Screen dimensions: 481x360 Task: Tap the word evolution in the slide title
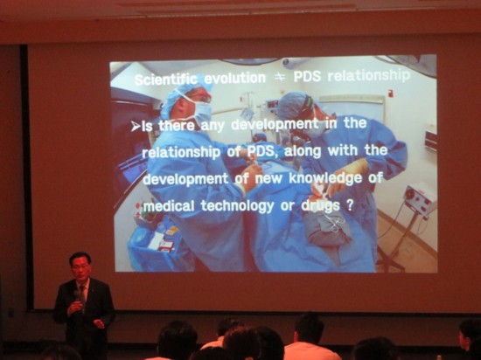235,79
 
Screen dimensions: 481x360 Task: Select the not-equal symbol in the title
280,78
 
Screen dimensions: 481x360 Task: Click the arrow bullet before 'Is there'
136,126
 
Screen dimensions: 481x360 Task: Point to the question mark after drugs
350,205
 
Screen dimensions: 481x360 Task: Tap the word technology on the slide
237,206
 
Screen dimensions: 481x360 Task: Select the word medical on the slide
169,205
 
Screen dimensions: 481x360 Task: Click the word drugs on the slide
321,206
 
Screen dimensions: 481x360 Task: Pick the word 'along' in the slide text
303,151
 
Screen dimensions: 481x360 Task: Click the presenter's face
81,267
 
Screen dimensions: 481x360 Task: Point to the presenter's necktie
83,294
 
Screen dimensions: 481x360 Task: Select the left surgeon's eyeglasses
202,98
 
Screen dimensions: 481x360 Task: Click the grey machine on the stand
420,199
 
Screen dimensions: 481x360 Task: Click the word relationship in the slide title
369,76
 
